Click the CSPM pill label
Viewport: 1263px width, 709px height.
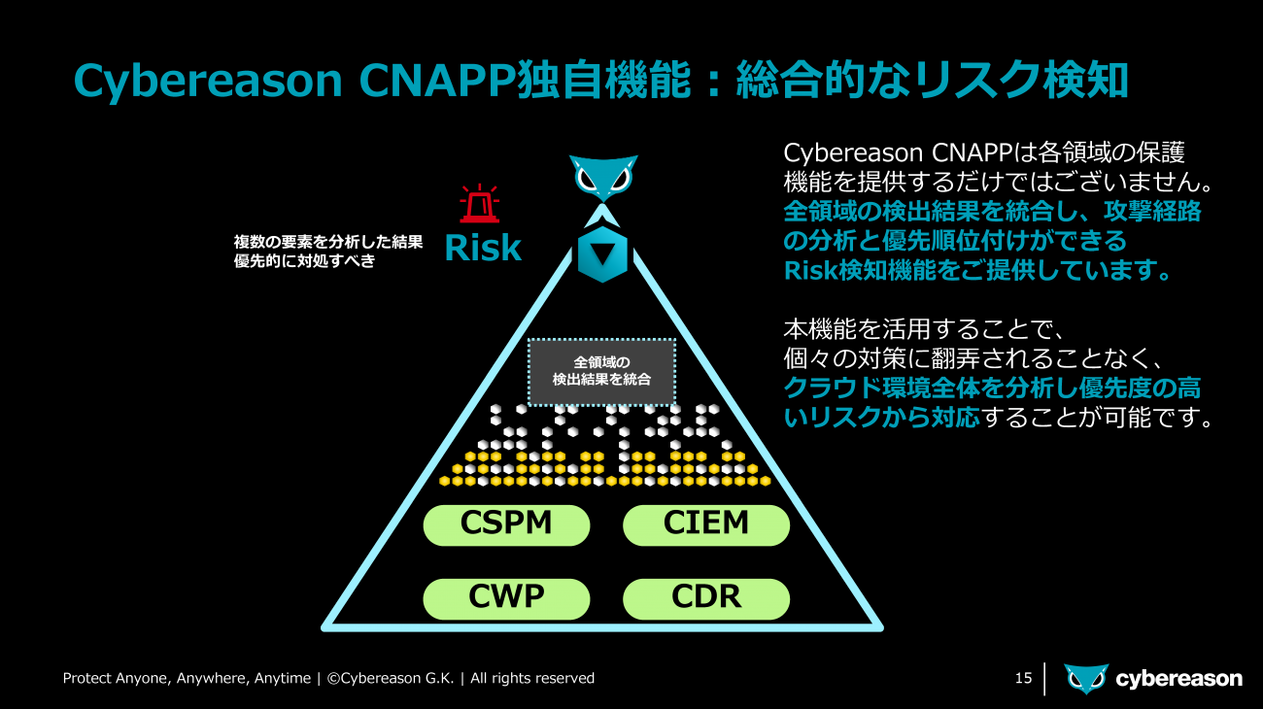click(506, 524)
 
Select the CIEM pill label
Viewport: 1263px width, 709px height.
click(706, 524)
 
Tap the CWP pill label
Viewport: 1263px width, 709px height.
click(506, 598)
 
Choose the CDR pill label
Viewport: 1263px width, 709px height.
click(706, 598)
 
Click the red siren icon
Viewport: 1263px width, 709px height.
click(479, 203)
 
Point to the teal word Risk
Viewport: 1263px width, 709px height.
click(483, 248)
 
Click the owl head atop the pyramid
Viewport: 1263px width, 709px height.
click(602, 178)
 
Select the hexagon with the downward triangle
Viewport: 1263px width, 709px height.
click(602, 254)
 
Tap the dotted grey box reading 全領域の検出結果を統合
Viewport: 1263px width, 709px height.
click(601, 371)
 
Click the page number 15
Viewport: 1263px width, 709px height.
click(1023, 678)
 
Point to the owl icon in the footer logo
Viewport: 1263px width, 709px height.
click(1086, 678)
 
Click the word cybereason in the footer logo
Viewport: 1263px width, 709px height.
click(1179, 679)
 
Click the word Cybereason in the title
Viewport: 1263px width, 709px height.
click(208, 82)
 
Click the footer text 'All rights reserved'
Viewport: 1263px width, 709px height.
click(532, 678)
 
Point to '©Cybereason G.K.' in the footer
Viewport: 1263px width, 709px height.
click(391, 678)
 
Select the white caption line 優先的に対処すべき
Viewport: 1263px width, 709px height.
click(304, 260)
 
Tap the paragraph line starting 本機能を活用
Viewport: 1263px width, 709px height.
click(924, 329)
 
